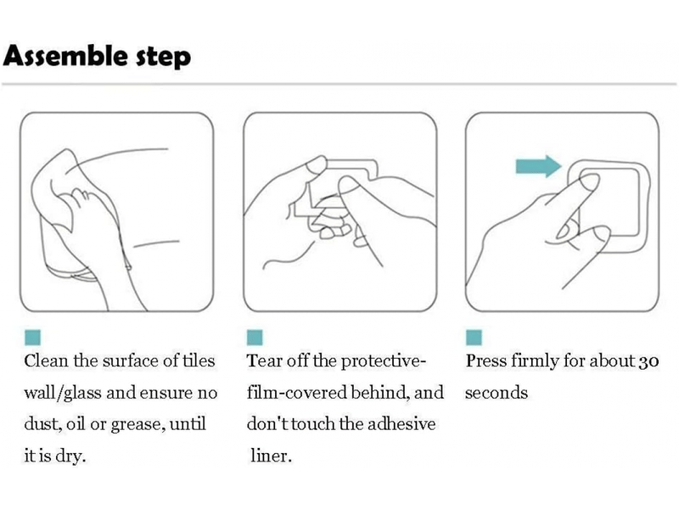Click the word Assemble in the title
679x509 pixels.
pos(66,55)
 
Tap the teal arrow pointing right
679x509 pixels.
pos(538,166)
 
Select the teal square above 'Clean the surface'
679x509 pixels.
pos(32,337)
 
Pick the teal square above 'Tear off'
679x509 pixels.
pos(255,337)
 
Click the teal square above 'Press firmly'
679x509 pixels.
pos(474,337)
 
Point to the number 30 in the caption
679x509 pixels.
pos(648,361)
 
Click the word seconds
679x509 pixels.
pos(497,393)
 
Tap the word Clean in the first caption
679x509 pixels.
pos(46,361)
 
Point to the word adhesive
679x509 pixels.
pos(401,423)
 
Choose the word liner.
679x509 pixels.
pos(271,456)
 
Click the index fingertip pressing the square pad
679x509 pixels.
pos(590,182)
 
